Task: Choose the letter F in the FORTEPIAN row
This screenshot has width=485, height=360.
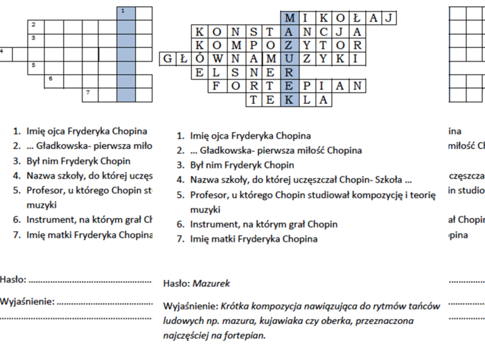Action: (216, 86)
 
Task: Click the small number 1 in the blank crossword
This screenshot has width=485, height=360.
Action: (123, 11)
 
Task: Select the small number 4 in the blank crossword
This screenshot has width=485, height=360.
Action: (2, 51)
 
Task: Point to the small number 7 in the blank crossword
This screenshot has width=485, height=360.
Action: (87, 91)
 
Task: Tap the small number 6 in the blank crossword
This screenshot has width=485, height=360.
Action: (51, 78)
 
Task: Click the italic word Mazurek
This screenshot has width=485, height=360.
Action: (211, 283)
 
